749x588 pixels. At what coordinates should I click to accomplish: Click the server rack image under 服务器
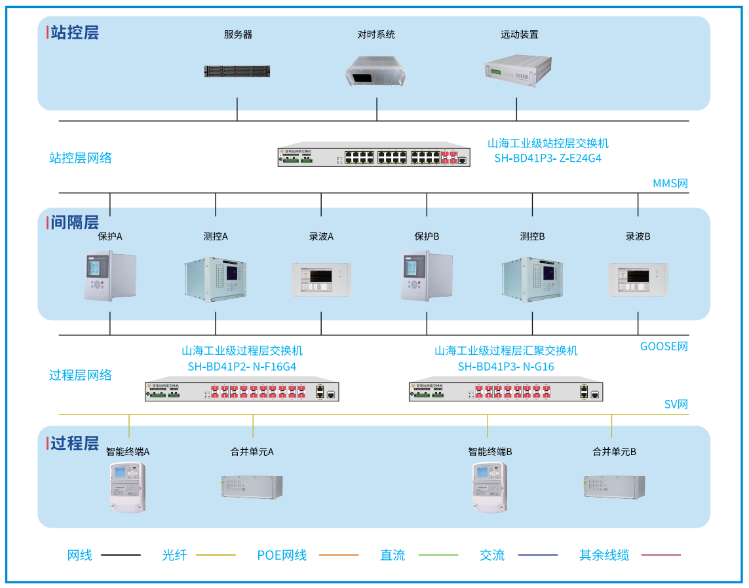pyautogui.click(x=237, y=71)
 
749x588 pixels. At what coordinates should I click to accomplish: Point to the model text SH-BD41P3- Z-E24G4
pyautogui.click(x=548, y=158)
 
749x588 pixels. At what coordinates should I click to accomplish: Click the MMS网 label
pyautogui.click(x=670, y=183)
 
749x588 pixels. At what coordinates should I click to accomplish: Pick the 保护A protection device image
pyautogui.click(x=109, y=276)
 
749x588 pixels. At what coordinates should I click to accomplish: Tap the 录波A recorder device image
pyautogui.click(x=320, y=281)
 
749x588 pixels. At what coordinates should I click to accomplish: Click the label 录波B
pyautogui.click(x=638, y=236)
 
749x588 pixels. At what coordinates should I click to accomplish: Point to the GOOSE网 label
pyautogui.click(x=664, y=346)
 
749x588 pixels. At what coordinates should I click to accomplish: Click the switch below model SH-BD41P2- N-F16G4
pyautogui.click(x=242, y=392)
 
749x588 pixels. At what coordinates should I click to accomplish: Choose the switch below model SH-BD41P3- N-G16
pyautogui.click(x=506, y=392)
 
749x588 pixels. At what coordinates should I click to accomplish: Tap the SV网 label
pyautogui.click(x=676, y=405)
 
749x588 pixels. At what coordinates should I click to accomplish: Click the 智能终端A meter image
pyautogui.click(x=127, y=487)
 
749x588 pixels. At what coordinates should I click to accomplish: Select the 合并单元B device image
pyautogui.click(x=614, y=486)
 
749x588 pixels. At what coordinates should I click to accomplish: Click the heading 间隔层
pyautogui.click(x=74, y=222)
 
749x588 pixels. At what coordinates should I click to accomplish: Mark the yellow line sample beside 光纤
pyautogui.click(x=216, y=555)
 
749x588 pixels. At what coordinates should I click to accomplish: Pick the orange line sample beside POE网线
pyautogui.click(x=339, y=555)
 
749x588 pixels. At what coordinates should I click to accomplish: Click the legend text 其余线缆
pyautogui.click(x=604, y=555)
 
